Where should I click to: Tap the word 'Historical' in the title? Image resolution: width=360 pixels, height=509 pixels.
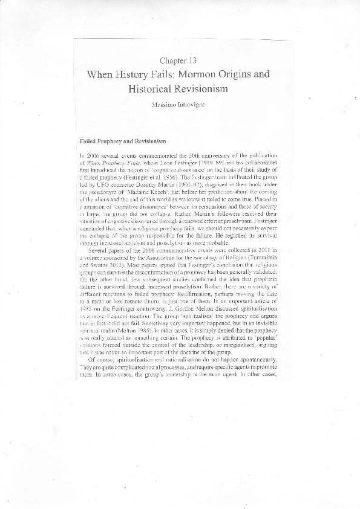pos(154,89)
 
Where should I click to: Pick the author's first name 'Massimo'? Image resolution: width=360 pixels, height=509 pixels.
pos(165,105)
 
